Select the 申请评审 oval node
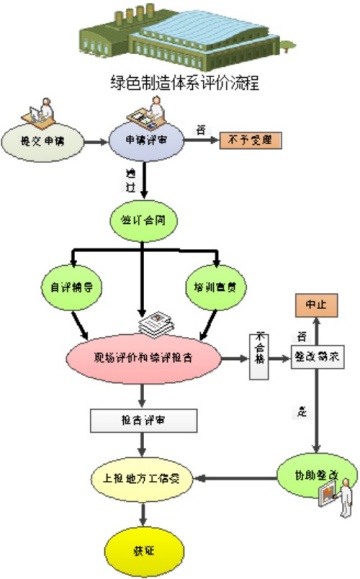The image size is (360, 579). pos(153,142)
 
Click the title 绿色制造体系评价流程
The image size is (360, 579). pos(184,84)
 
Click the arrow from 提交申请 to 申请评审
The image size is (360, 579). pos(97,143)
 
